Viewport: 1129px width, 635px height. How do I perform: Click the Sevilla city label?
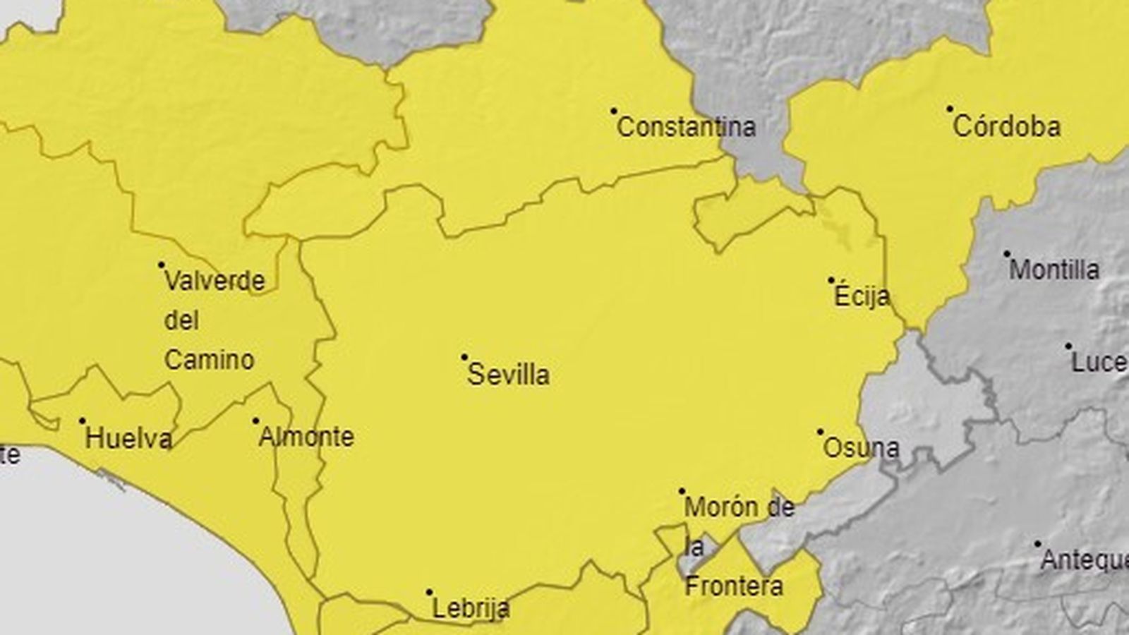point(508,375)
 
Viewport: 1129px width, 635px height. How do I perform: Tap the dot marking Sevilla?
point(464,358)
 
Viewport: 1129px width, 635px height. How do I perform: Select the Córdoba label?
point(1006,127)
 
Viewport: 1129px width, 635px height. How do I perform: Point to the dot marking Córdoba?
point(950,109)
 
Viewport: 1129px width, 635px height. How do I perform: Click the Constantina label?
point(686,128)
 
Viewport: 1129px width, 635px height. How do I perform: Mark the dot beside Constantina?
point(614,111)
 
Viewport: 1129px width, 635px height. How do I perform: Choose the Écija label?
point(862,296)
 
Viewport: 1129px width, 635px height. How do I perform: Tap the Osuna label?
point(862,448)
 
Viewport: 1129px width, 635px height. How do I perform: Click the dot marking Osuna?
point(821,432)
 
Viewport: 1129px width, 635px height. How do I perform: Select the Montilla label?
point(1054,270)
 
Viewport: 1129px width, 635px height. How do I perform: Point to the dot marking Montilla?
point(1007,254)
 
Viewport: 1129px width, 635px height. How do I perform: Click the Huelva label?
point(128,439)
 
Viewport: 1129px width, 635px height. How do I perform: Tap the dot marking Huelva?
point(82,421)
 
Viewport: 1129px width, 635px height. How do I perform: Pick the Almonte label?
point(306,437)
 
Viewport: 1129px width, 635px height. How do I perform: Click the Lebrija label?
point(470,608)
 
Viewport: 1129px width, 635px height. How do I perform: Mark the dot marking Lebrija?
point(429,593)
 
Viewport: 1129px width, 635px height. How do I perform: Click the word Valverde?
point(215,282)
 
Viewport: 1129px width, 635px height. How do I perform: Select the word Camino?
point(209,361)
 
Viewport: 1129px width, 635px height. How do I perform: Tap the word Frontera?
point(734,586)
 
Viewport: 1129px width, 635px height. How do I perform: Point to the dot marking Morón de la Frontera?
point(682,491)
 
